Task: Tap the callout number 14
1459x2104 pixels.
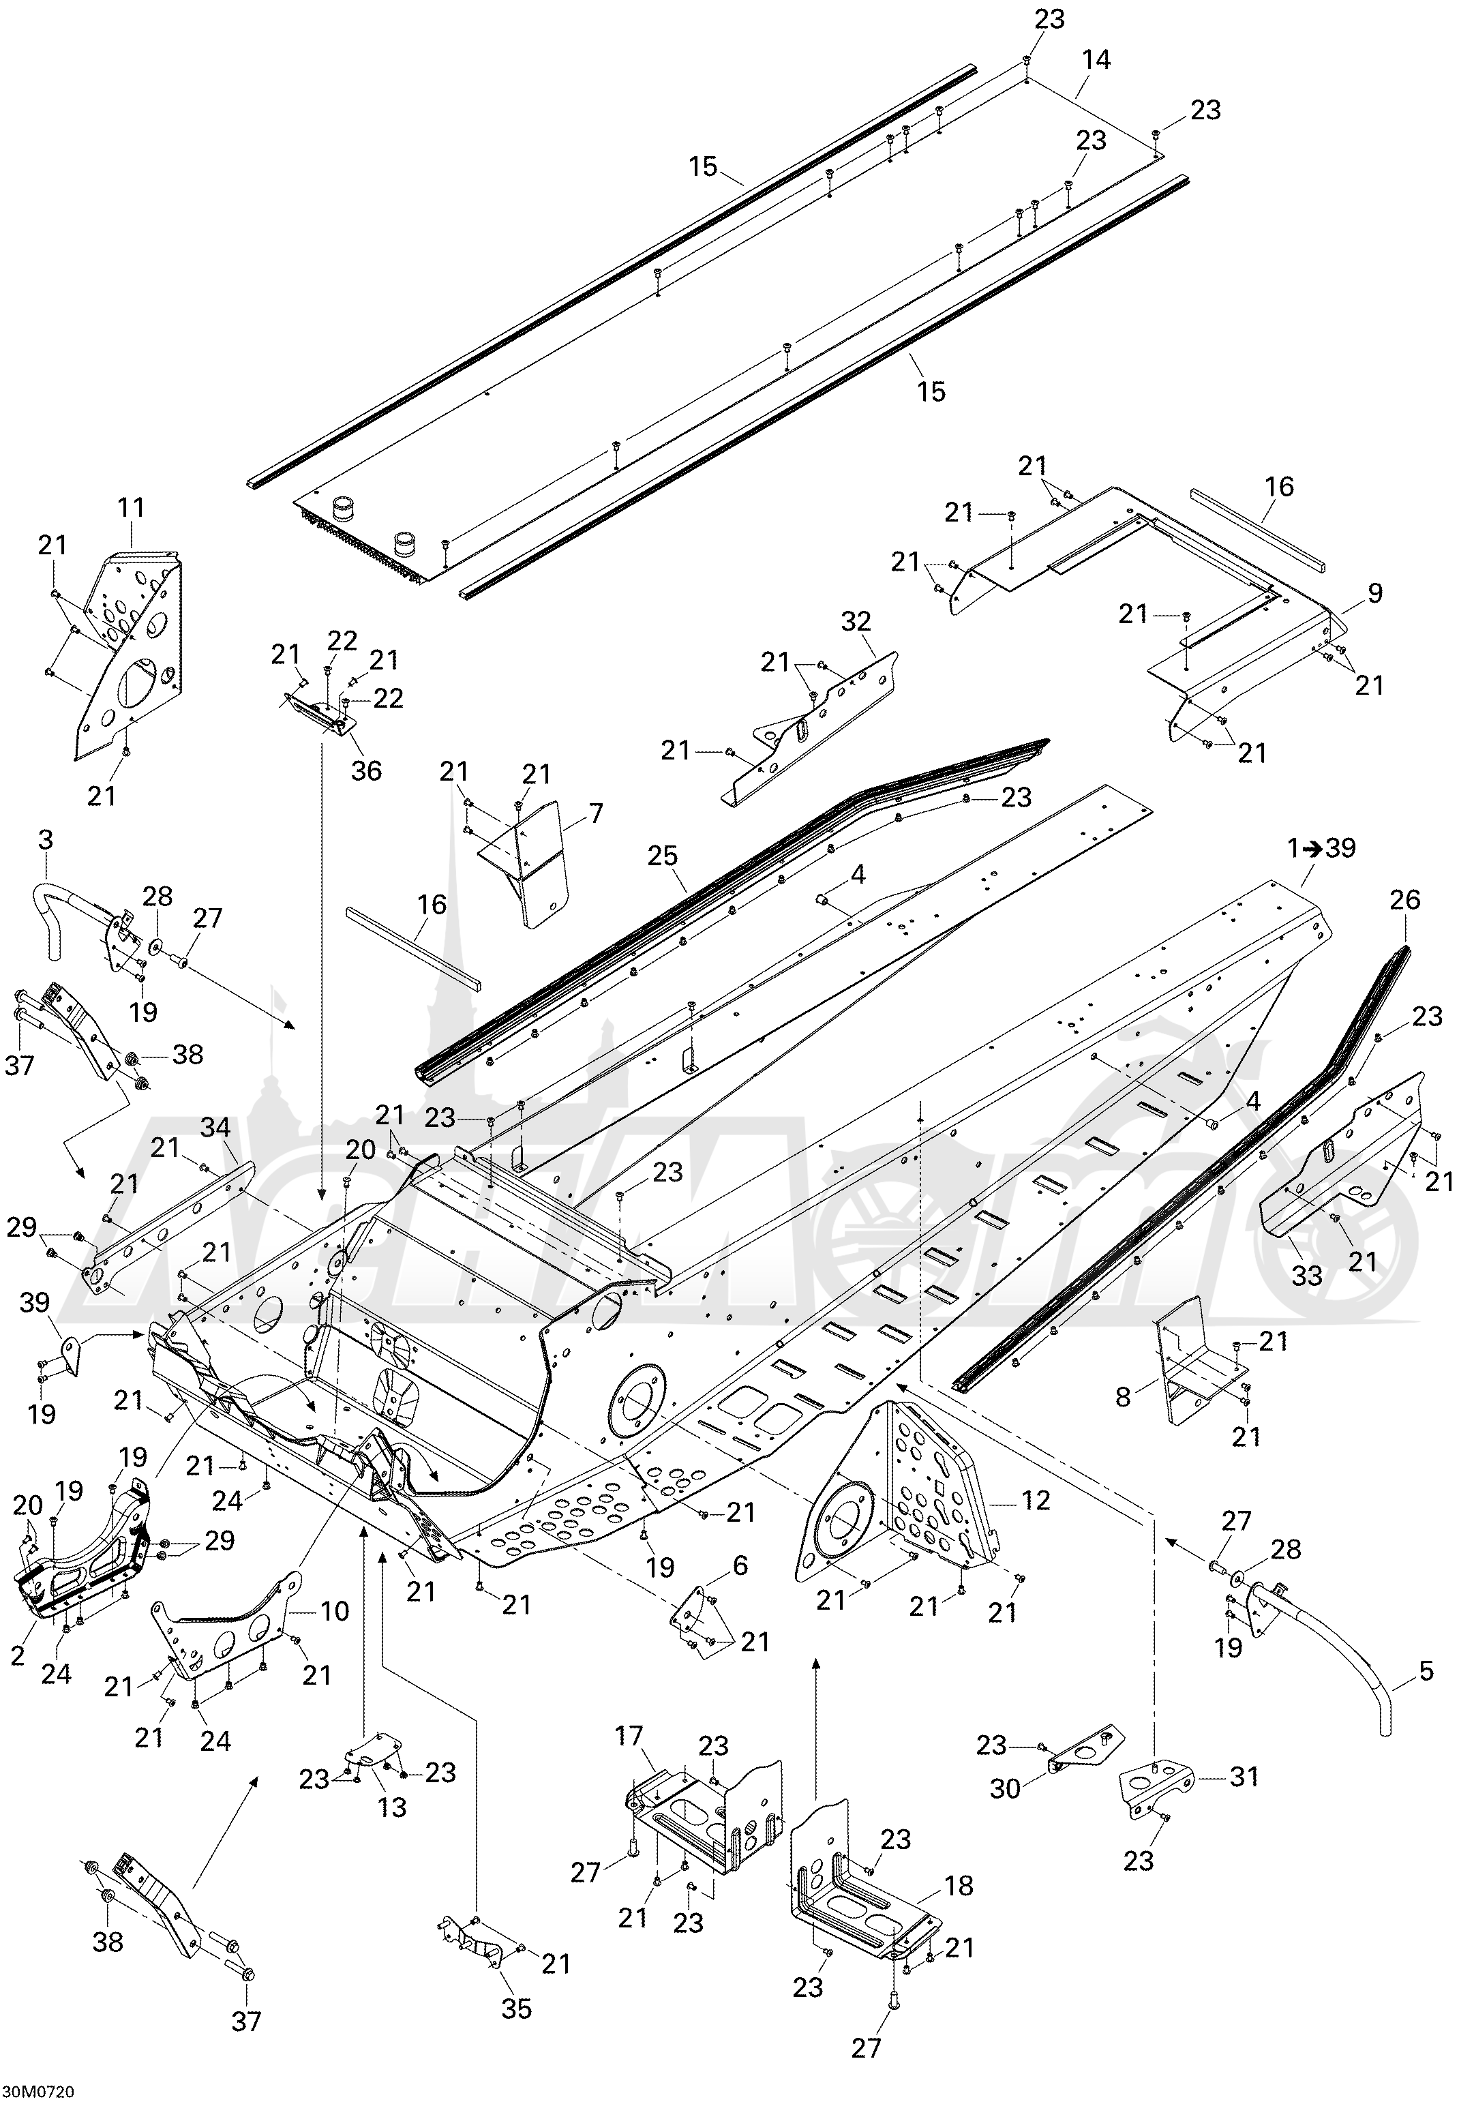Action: coord(1096,60)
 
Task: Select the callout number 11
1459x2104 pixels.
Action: coord(131,507)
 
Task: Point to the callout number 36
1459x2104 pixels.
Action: coord(367,770)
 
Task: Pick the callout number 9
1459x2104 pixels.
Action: coord(1375,592)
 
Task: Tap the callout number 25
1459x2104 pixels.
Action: coord(663,856)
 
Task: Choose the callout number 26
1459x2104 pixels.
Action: coord(1405,900)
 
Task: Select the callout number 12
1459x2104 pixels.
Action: coord(1034,1500)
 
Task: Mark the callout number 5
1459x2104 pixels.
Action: coord(1426,1672)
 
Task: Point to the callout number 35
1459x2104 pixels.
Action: coord(517,2007)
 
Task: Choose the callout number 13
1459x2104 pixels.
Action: coord(392,1807)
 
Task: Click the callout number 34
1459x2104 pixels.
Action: coord(215,1128)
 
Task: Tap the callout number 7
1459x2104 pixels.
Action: coord(596,811)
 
